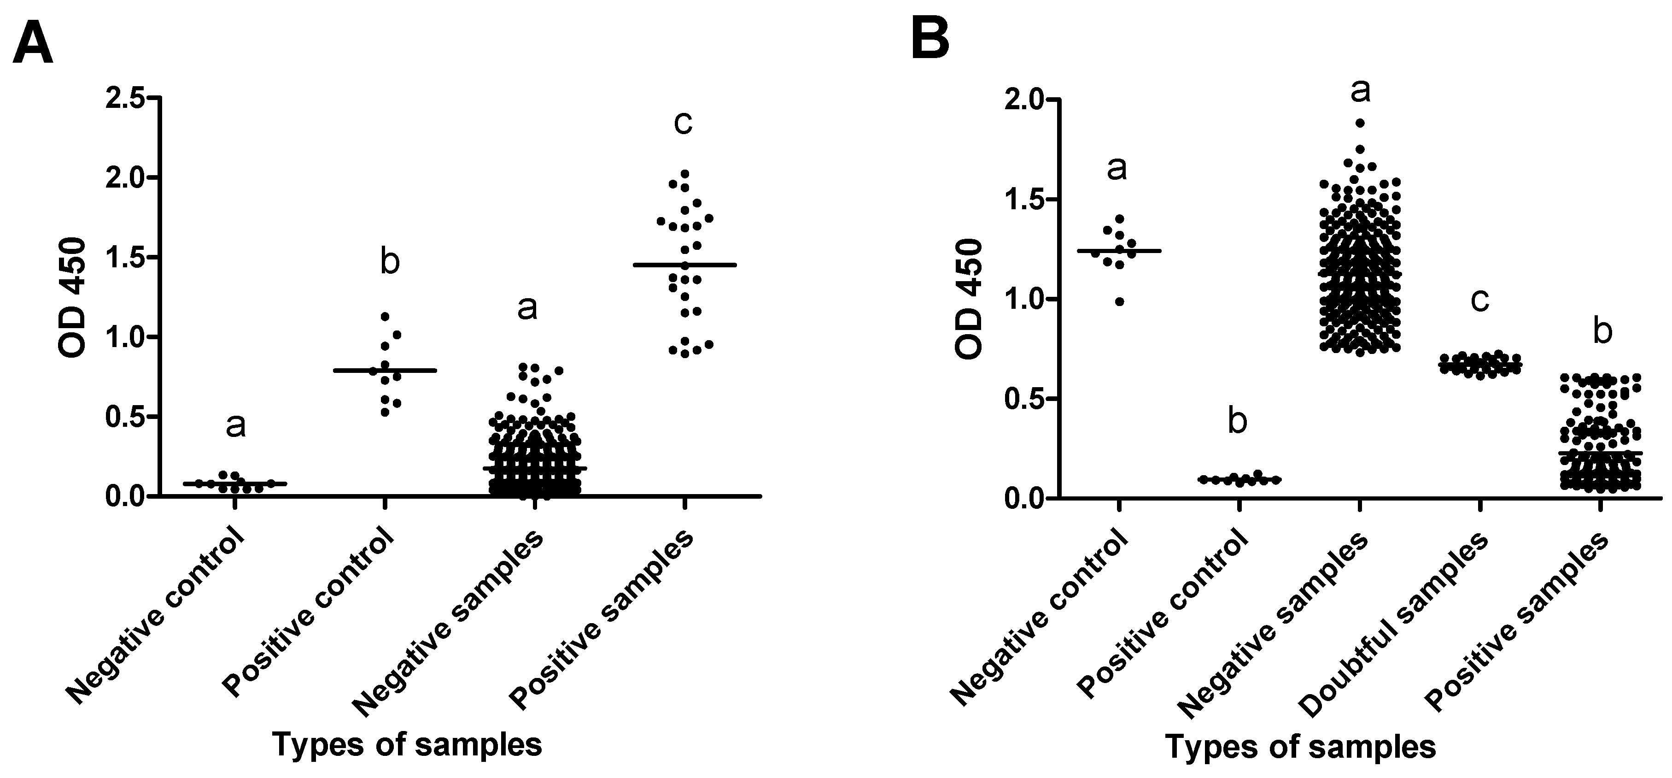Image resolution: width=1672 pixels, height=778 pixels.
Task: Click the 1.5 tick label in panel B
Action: point(1020,200)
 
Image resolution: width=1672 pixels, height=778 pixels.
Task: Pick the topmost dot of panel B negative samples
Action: point(1360,123)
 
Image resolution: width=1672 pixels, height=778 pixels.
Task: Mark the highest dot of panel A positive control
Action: point(385,316)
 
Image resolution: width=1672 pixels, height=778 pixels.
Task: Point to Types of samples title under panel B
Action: point(1300,747)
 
